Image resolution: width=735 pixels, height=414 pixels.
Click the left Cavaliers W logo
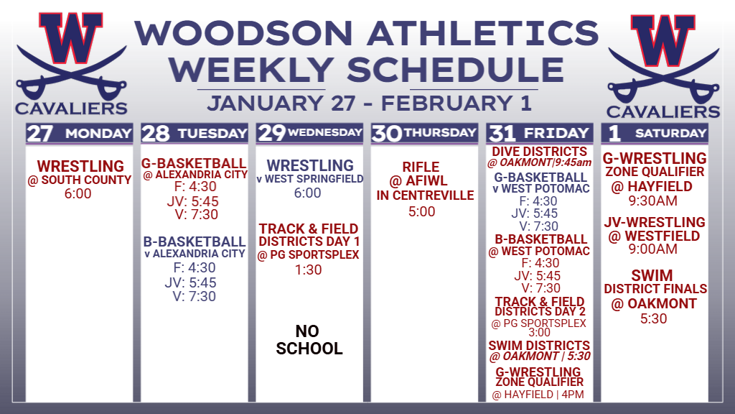tap(71, 63)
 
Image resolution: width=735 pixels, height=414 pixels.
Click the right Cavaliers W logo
tap(663, 65)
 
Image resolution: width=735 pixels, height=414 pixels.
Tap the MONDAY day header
tap(98, 134)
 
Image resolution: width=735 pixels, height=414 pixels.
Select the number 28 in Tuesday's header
tap(155, 134)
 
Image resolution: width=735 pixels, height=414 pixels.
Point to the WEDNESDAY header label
tap(325, 133)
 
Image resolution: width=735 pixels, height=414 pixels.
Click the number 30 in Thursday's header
tap(387, 134)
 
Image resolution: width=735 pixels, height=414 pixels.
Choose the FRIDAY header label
tap(556, 133)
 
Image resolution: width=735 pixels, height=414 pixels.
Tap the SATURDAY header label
tap(671, 133)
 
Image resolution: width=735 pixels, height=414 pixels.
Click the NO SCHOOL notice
tap(309, 340)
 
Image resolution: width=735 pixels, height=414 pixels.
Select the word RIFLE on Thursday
tap(421, 167)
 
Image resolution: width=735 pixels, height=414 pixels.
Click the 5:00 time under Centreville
tap(422, 212)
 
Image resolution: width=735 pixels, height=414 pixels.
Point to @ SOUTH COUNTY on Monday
tap(79, 180)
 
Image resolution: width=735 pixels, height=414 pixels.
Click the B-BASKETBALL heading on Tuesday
tap(194, 241)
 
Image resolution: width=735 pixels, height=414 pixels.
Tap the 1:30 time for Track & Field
tap(309, 270)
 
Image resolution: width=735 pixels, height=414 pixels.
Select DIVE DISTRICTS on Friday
tap(539, 152)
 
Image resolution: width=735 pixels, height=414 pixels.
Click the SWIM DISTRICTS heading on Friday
tap(539, 346)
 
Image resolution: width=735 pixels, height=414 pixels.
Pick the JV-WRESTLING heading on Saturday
tap(655, 222)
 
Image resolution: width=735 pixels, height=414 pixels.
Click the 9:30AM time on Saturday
tap(653, 201)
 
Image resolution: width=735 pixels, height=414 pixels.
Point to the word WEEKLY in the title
tap(251, 70)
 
